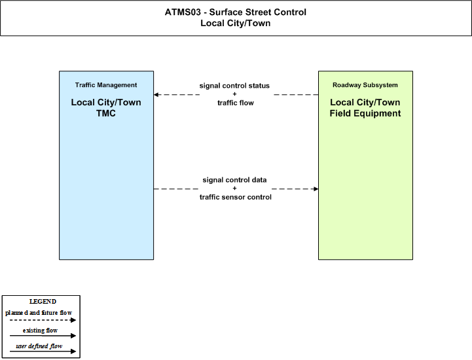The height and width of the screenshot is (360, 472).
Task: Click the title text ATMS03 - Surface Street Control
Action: click(x=236, y=12)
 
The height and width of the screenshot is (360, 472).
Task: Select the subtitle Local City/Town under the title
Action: click(x=236, y=23)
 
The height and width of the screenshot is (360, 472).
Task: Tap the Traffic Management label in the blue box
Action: click(x=106, y=85)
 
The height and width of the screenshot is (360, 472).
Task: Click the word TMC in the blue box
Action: click(x=106, y=113)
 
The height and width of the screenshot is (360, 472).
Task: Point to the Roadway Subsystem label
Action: click(x=365, y=85)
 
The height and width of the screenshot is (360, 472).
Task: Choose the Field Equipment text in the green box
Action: click(x=365, y=113)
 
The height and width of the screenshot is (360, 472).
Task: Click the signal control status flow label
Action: click(x=234, y=86)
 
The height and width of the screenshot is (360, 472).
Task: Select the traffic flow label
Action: click(x=236, y=103)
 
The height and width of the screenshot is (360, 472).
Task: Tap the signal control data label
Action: click(x=234, y=180)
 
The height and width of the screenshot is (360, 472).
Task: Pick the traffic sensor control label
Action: click(x=236, y=197)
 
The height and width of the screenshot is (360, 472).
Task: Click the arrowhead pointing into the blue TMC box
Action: click(x=156, y=94)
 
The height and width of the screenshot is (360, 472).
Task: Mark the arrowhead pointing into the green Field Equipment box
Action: click(x=316, y=189)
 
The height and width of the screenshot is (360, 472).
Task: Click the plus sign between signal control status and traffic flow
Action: click(x=234, y=94)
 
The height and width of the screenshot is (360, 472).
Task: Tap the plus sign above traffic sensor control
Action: click(x=234, y=189)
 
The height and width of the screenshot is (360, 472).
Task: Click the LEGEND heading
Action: click(x=43, y=302)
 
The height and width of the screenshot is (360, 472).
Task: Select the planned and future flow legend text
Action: click(x=39, y=313)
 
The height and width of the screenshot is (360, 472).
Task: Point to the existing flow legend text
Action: click(x=40, y=330)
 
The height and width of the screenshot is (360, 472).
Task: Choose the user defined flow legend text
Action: click(x=39, y=346)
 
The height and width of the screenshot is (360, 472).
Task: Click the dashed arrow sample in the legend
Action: click(x=43, y=320)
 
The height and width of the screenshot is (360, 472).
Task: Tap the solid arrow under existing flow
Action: click(x=43, y=336)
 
